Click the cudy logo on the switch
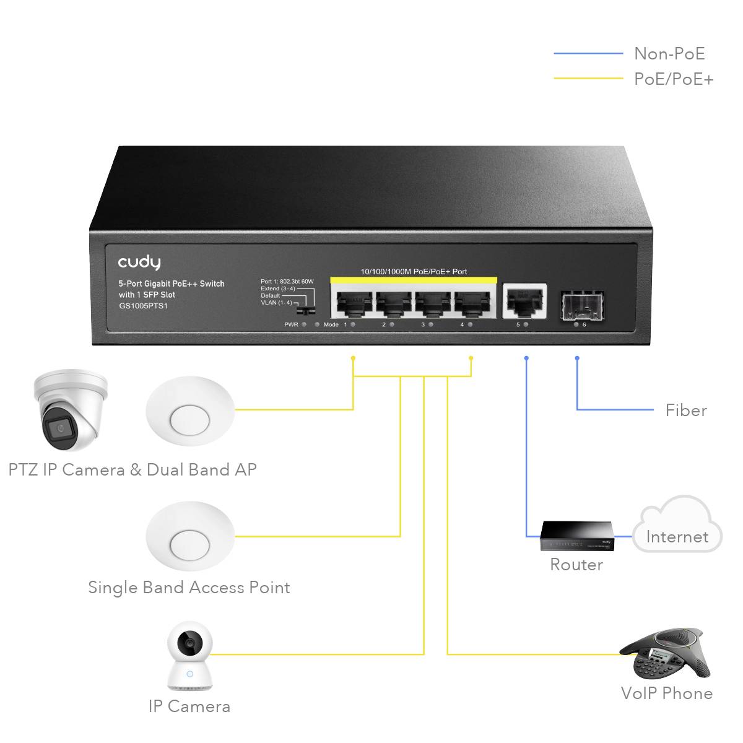click(x=139, y=263)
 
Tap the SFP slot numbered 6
click(x=583, y=305)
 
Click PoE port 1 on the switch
click(x=352, y=303)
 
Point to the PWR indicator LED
click(x=304, y=324)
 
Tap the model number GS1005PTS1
click(x=143, y=306)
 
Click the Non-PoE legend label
click(x=669, y=54)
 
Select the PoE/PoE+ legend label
click(x=674, y=79)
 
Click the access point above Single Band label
click(x=190, y=536)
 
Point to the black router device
click(x=576, y=536)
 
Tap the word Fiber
click(x=686, y=411)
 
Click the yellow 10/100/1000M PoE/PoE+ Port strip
click(x=414, y=272)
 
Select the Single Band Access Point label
click(x=189, y=588)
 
